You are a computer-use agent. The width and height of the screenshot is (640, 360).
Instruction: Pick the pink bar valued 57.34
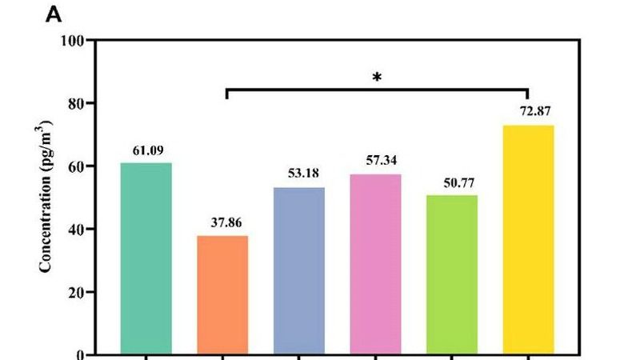click(375, 264)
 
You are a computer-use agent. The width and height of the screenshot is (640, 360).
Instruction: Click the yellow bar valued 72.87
click(528, 239)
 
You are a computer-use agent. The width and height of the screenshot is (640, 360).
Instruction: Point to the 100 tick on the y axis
click(75, 40)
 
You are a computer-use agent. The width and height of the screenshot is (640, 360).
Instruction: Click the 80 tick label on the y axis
click(78, 103)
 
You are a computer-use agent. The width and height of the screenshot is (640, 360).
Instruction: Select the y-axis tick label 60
click(78, 166)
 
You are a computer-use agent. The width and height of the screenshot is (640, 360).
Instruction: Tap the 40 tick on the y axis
click(78, 230)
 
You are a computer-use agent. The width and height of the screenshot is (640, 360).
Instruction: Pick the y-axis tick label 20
click(78, 293)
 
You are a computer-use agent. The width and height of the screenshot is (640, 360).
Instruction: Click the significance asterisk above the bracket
click(377, 78)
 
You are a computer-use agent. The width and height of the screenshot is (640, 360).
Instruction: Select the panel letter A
click(54, 14)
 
